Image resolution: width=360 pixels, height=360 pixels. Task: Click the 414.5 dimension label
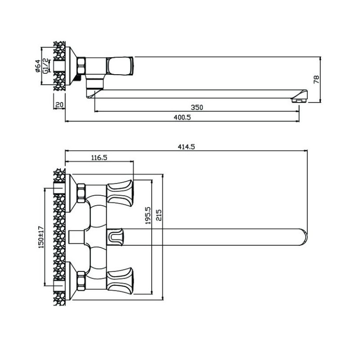click(186, 147)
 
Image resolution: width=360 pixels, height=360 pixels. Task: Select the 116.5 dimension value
click(99, 157)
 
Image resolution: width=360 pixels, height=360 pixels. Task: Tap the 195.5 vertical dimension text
click(148, 216)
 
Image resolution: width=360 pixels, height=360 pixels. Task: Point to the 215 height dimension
click(159, 215)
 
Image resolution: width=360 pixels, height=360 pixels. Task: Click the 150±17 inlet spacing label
click(41, 237)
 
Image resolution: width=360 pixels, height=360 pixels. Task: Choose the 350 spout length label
click(197, 108)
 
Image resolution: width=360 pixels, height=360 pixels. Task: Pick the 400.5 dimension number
click(182, 117)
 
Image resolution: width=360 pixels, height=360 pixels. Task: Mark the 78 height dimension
click(316, 79)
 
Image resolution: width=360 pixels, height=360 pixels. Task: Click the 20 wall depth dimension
click(59, 105)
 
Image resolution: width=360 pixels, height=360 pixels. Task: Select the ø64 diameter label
click(38, 66)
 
